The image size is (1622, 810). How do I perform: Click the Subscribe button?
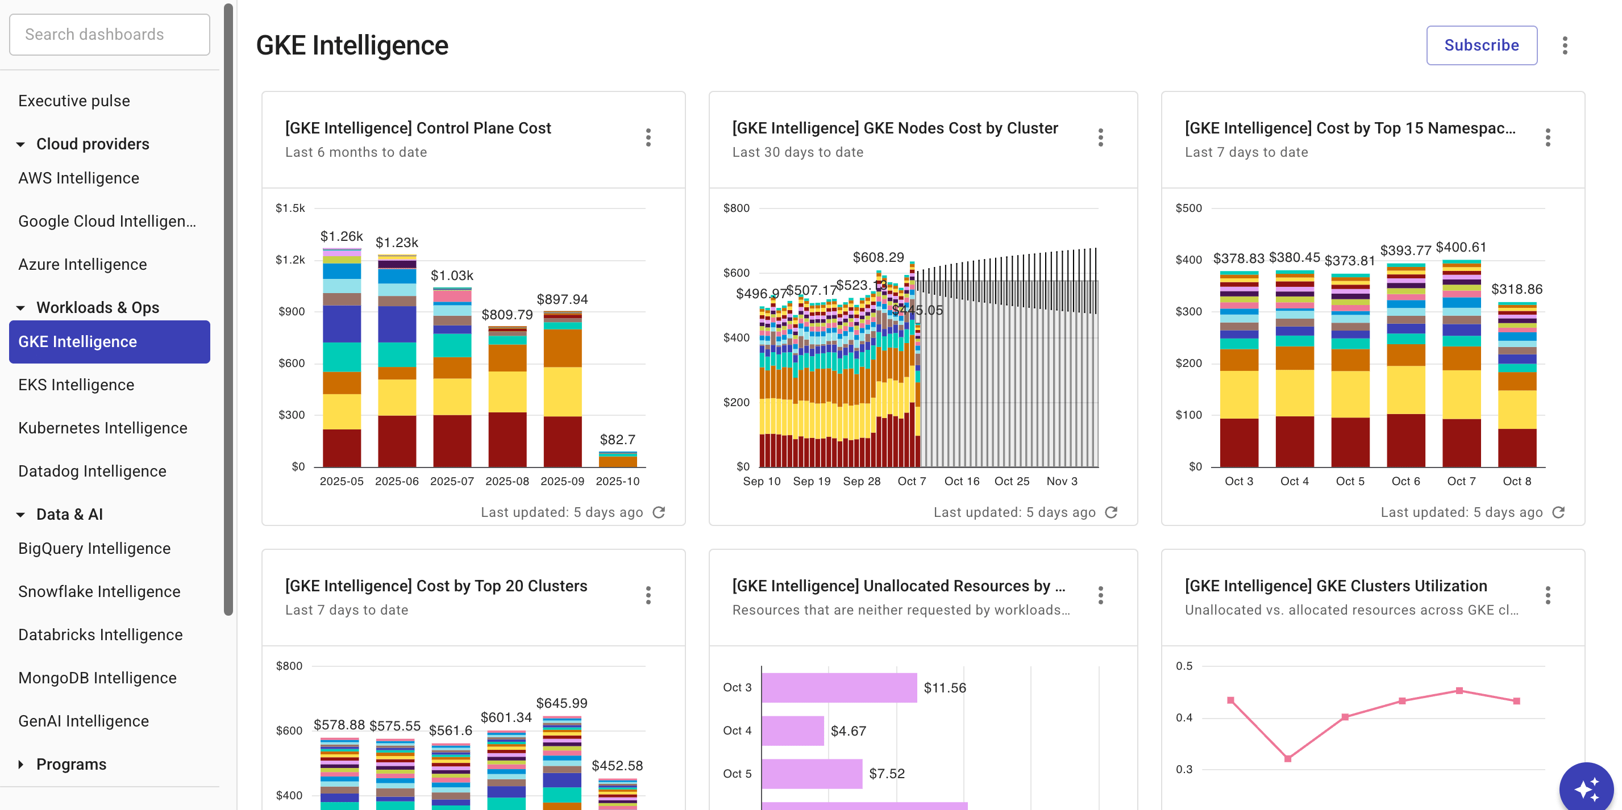coord(1481,45)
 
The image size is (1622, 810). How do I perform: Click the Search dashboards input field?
coord(110,35)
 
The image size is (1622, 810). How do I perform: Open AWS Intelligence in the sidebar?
coord(78,178)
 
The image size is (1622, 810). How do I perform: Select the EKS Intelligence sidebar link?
coord(76,385)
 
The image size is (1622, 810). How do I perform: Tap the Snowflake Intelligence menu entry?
coord(99,592)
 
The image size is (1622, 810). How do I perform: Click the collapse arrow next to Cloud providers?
coord(21,144)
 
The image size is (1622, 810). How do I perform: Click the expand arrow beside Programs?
coord(21,764)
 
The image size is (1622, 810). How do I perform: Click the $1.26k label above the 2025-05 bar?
coord(341,236)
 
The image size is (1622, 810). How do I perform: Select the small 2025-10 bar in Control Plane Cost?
coord(617,460)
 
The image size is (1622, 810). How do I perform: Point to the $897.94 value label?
coord(562,299)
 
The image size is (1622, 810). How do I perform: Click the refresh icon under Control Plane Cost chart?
coord(659,512)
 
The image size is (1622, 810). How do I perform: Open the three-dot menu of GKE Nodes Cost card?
coord(1100,137)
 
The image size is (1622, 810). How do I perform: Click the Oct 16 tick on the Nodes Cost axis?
coord(962,481)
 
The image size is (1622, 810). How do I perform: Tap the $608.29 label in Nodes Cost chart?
coord(877,257)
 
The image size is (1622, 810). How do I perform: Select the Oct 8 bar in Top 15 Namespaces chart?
coord(1516,384)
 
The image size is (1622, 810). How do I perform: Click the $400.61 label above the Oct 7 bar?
coord(1461,247)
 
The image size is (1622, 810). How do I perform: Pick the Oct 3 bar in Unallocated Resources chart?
coord(839,687)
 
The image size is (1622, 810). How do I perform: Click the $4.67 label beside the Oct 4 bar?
coord(848,730)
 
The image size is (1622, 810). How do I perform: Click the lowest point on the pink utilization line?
coord(1288,758)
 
